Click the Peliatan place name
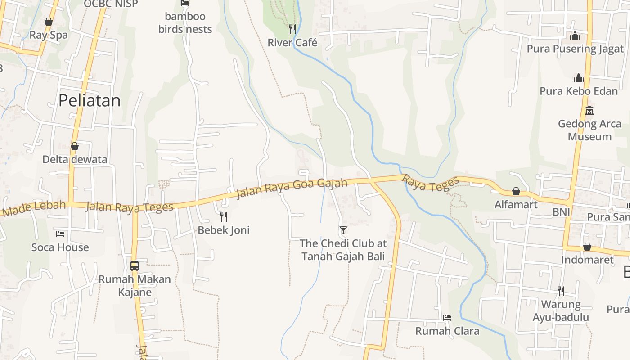pos(90,100)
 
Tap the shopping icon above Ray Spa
pos(49,22)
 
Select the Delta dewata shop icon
pos(75,146)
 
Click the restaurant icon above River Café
pos(292,29)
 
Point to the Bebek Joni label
pos(224,230)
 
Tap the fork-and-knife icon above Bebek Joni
pos(224,217)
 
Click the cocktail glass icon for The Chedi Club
pos(343,230)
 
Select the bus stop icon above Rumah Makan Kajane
pos(135,265)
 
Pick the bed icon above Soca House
pos(60,234)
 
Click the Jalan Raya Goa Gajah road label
pos(292,189)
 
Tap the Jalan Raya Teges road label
pos(129,207)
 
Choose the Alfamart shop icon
pos(516,192)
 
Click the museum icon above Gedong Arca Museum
pos(589,110)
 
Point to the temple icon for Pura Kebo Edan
pos(579,78)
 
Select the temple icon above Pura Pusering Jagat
pos(575,36)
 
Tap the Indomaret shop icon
pos(587,247)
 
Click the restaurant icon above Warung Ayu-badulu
pos(561,291)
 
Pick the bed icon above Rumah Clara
pos(447,318)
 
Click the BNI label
pos(562,212)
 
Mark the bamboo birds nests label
pos(185,23)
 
